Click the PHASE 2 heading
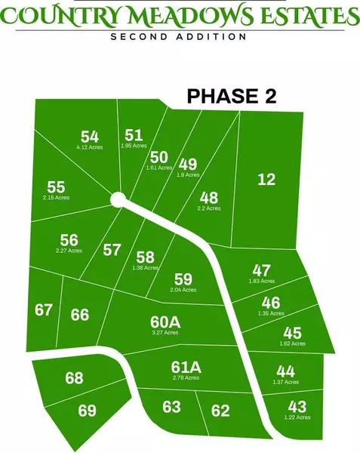tap(232, 96)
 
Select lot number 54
tap(90, 137)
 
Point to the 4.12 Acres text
tap(90, 148)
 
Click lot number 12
tap(266, 180)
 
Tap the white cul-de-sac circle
tap(117, 199)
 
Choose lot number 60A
tap(166, 321)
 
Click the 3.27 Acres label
tap(166, 332)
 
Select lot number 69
tap(88, 411)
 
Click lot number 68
tap(74, 378)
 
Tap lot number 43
tap(298, 405)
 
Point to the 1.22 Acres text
tap(298, 417)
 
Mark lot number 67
tap(44, 310)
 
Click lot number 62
tap(220, 411)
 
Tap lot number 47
tap(261, 270)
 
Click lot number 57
tap(112, 249)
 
